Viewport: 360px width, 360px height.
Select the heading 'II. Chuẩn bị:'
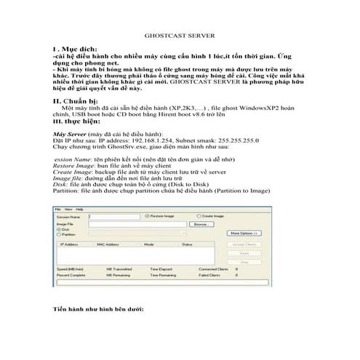[x=75, y=99]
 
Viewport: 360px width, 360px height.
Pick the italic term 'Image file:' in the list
[x=70, y=176]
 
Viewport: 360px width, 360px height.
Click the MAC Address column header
[x=107, y=244]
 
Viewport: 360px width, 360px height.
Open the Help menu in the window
[x=78, y=209]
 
